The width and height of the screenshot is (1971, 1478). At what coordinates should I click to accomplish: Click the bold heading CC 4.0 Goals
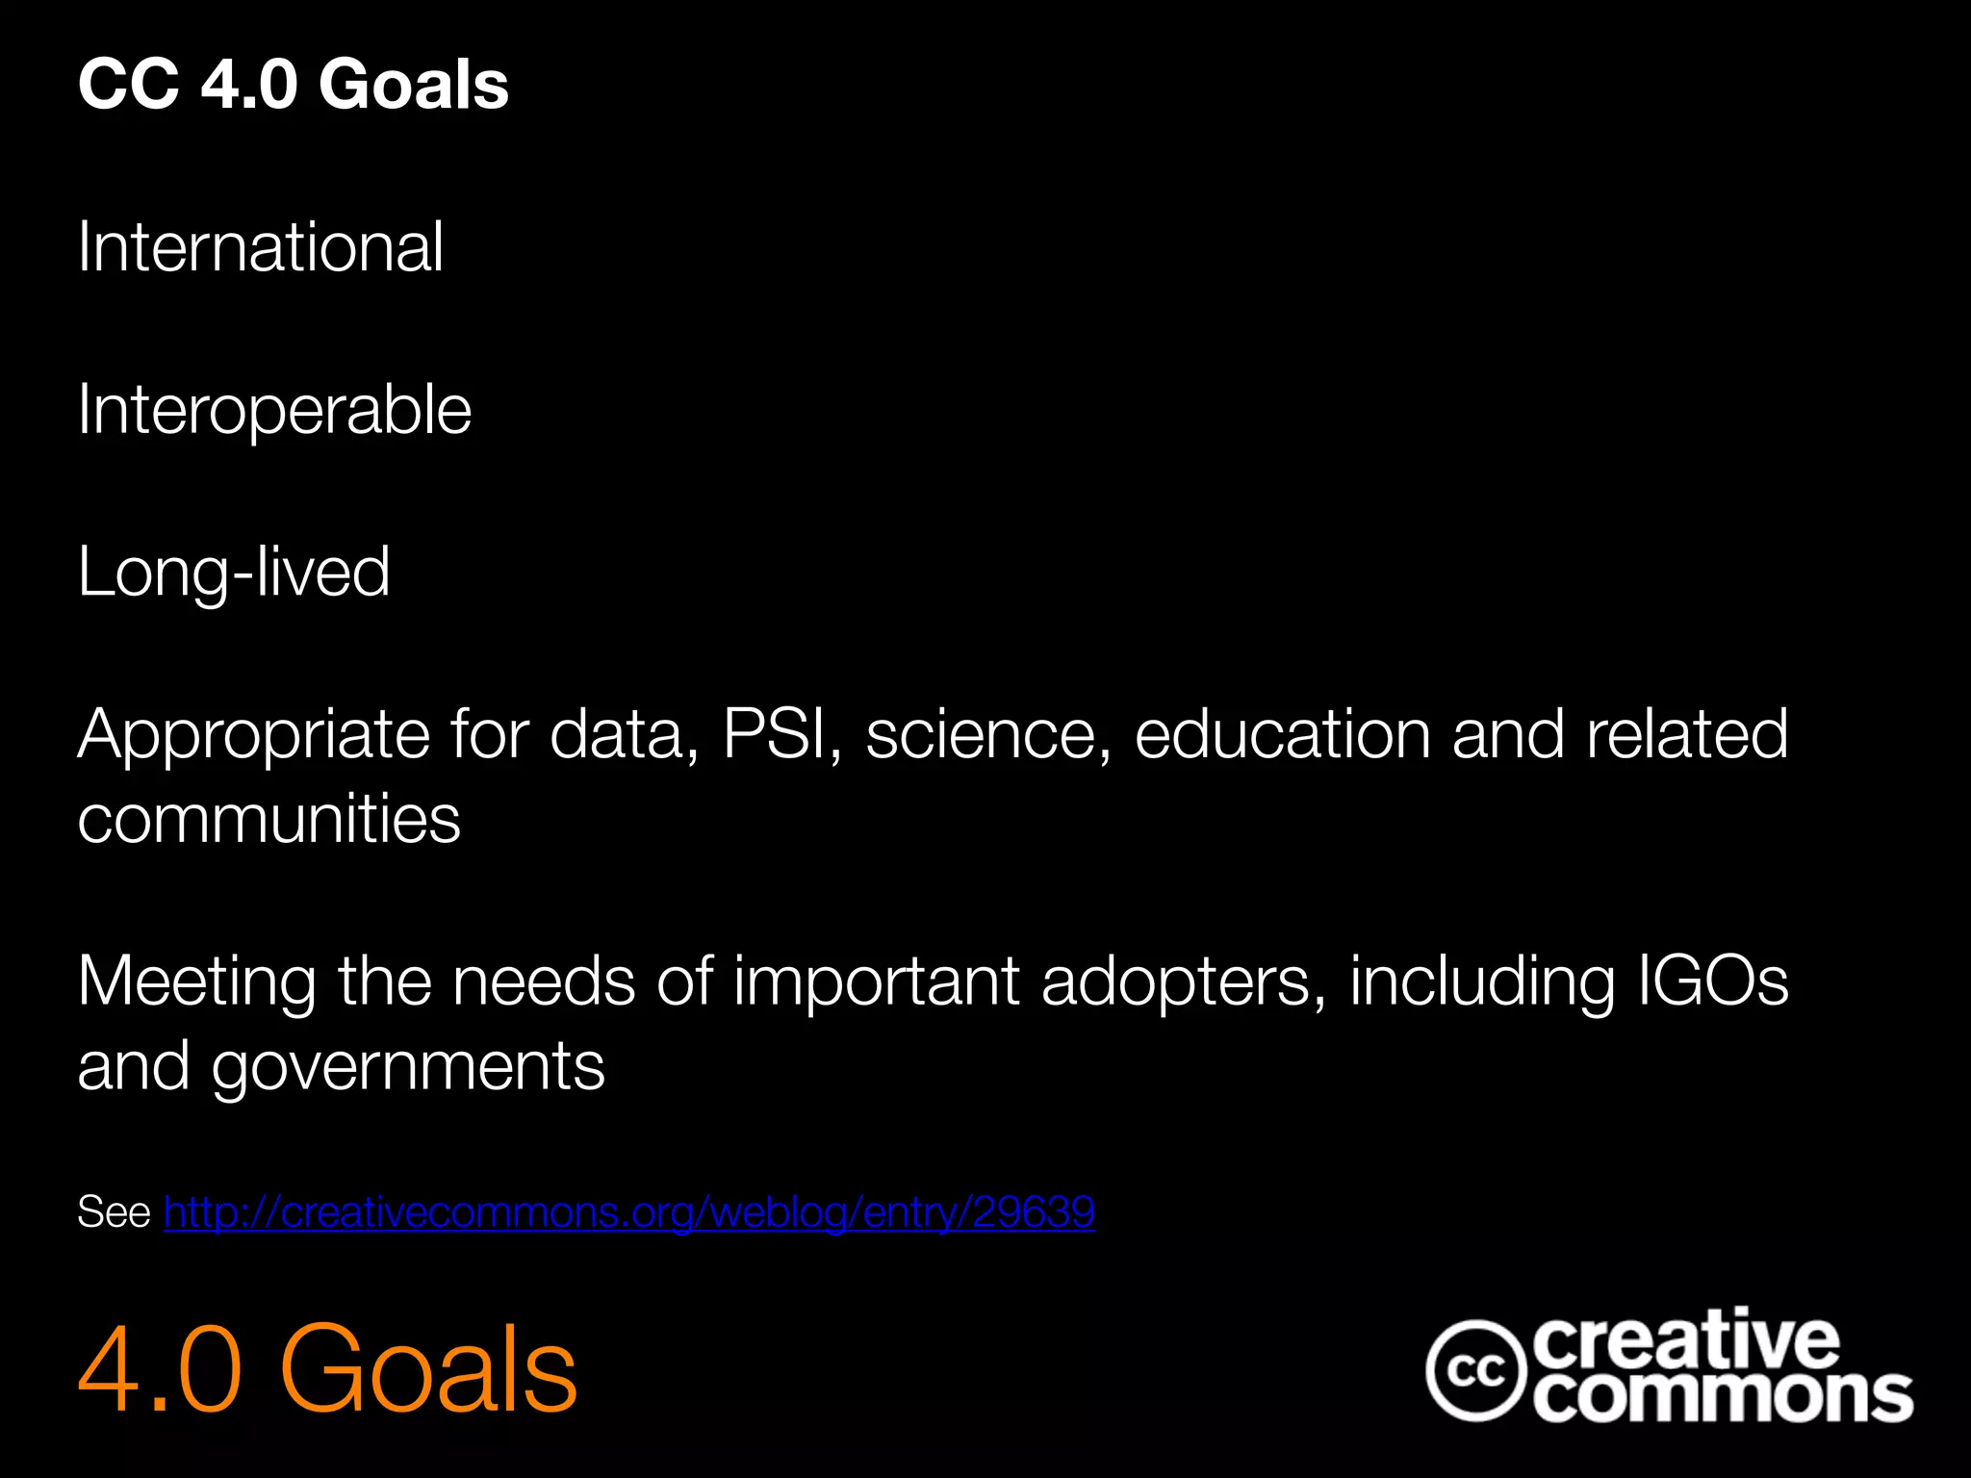pyautogui.click(x=294, y=85)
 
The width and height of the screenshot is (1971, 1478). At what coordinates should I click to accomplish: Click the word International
pyautogui.click(x=260, y=247)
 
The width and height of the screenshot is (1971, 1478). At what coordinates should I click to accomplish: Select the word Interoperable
pyautogui.click(x=274, y=410)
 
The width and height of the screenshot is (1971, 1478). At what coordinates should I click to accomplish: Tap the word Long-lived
pyautogui.click(x=234, y=572)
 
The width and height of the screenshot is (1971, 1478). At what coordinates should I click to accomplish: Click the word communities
pyautogui.click(x=269, y=820)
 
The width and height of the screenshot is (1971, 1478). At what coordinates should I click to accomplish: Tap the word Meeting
pyautogui.click(x=196, y=982)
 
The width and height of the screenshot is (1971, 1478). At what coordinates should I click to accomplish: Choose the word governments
pyautogui.click(x=408, y=1067)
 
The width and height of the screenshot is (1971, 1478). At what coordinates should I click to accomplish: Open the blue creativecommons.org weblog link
pyautogui.click(x=629, y=1212)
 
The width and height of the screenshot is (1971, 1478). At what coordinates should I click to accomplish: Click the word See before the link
pyautogui.click(x=114, y=1212)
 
